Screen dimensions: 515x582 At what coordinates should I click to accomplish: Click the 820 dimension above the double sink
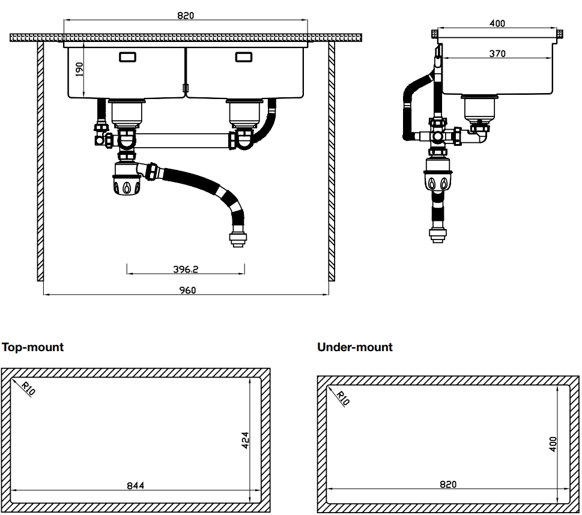186,16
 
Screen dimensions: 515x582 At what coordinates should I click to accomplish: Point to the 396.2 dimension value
186,270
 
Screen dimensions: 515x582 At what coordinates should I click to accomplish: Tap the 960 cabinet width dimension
186,290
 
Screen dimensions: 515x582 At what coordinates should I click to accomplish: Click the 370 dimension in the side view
497,53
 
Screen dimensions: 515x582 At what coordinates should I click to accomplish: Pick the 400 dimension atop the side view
497,23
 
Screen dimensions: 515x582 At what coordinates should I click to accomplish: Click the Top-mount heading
33,347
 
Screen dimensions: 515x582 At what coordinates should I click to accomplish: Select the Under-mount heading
354,347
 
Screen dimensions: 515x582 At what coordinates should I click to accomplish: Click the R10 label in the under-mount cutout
342,398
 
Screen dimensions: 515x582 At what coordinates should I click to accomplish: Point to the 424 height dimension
245,440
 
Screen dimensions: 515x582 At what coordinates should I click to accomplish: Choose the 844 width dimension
135,485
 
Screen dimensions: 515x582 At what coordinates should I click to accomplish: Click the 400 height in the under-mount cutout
553,444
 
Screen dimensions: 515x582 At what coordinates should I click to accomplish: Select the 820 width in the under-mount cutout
447,484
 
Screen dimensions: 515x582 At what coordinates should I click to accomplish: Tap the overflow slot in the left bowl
127,57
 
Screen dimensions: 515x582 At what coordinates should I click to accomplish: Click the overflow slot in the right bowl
243,57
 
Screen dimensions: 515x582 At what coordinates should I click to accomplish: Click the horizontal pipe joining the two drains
183,141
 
